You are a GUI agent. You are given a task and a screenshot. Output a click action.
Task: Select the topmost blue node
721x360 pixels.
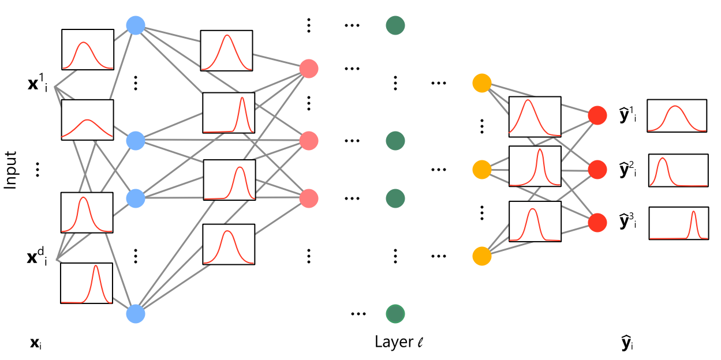pos(135,25)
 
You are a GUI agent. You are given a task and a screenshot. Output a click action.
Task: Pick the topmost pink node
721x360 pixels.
pos(309,69)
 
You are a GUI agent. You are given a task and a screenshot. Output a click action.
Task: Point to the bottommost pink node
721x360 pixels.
pos(309,198)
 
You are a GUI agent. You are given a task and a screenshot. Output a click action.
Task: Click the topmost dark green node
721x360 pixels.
pos(395,25)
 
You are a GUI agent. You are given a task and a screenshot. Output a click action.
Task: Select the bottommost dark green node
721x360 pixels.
pos(395,313)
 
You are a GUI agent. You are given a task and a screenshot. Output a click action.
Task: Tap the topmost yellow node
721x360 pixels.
pos(481,82)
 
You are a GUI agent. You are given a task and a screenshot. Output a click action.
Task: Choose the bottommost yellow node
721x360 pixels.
pos(481,256)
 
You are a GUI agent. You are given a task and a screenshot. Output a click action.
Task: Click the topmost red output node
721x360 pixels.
pos(597,115)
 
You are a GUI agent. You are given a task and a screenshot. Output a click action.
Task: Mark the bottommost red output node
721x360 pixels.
pos(597,222)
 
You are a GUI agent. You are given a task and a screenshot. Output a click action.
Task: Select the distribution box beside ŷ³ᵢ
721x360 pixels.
pos(679,223)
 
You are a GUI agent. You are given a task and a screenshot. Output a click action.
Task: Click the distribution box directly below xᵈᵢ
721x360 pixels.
pos(87,283)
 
